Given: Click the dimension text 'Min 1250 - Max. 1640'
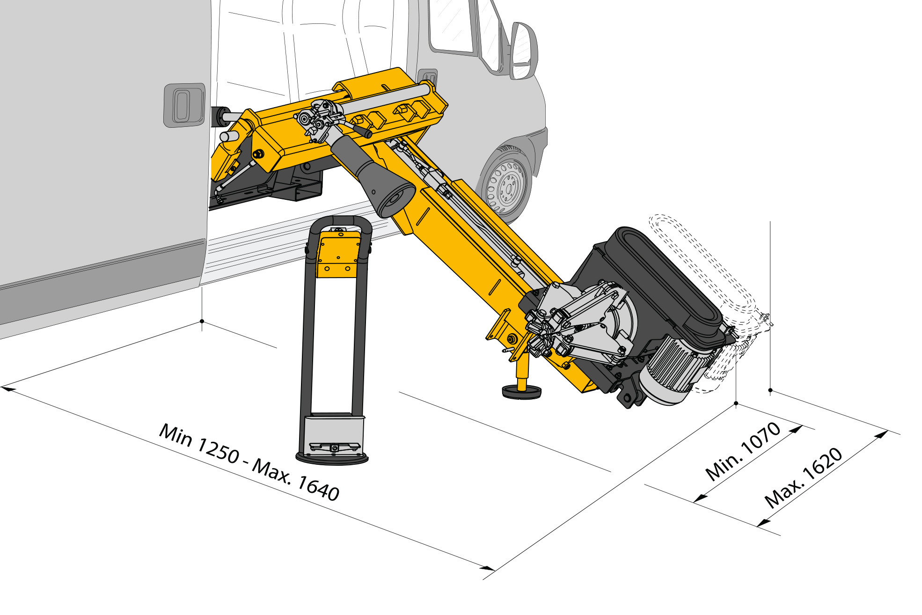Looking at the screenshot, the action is [249, 461].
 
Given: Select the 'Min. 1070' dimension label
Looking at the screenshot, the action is [743, 451].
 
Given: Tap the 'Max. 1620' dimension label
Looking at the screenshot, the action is [804, 478].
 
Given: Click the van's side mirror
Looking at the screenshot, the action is [524, 51].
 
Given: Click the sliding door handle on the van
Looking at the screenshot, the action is [184, 105].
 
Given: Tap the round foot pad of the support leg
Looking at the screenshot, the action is [521, 391].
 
